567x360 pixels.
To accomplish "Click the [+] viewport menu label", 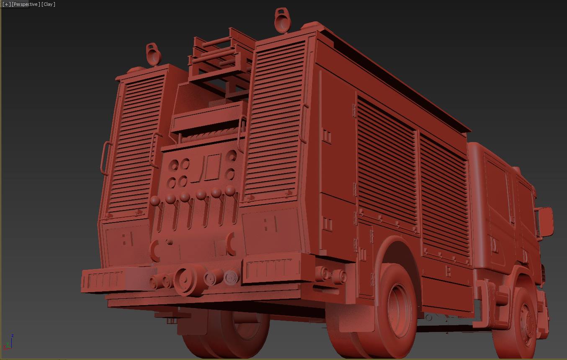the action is pos(7,4).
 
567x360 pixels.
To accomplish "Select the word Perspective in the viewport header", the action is pos(26,4).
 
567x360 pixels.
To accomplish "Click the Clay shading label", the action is pos(48,4).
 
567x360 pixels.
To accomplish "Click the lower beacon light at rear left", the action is pos(153,54).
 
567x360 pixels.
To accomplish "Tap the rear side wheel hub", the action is pos(399,311).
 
